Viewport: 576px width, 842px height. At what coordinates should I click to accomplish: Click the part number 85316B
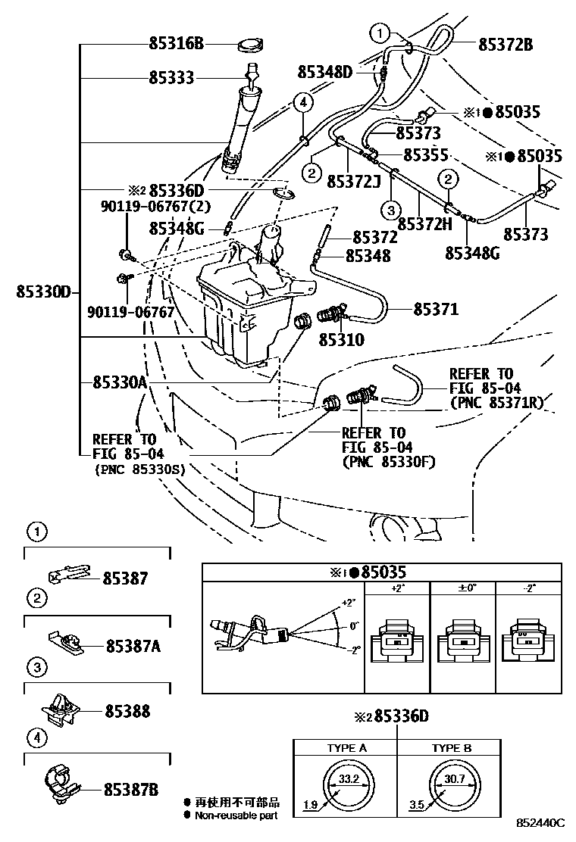tap(176, 45)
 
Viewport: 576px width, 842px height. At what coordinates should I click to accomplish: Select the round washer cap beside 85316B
tap(251, 45)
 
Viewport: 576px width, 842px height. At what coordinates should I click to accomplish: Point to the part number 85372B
tap(505, 45)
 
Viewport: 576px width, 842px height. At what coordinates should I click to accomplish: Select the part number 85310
tap(341, 341)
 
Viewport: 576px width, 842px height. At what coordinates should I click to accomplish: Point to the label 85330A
tap(119, 383)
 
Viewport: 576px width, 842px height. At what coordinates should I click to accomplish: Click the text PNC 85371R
tap(497, 403)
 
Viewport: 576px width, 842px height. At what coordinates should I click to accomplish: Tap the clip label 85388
tap(127, 711)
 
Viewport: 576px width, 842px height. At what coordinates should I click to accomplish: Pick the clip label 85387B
tap(131, 789)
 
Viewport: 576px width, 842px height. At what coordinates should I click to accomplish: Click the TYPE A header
tap(347, 748)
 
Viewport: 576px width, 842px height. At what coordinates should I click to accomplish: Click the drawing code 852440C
tap(541, 822)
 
